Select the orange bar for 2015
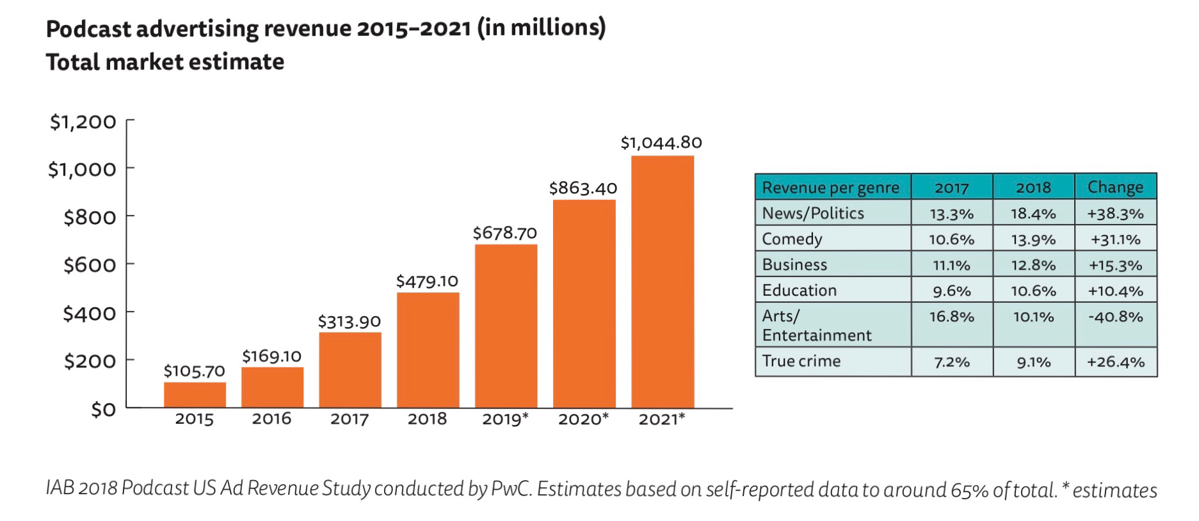195,395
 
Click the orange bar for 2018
428,350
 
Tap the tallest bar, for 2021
663,282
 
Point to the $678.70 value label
504,233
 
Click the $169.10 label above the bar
271,356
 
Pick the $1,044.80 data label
661,143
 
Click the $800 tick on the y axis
90,218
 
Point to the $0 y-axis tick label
103,410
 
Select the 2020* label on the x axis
583,419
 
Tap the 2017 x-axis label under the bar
350,419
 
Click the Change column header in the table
1115,187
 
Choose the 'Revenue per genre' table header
830,188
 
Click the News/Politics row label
813,213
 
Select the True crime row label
801,361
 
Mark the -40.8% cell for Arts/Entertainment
1115,317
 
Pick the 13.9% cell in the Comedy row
1033,239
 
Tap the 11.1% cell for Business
951,265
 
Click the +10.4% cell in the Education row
1115,291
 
